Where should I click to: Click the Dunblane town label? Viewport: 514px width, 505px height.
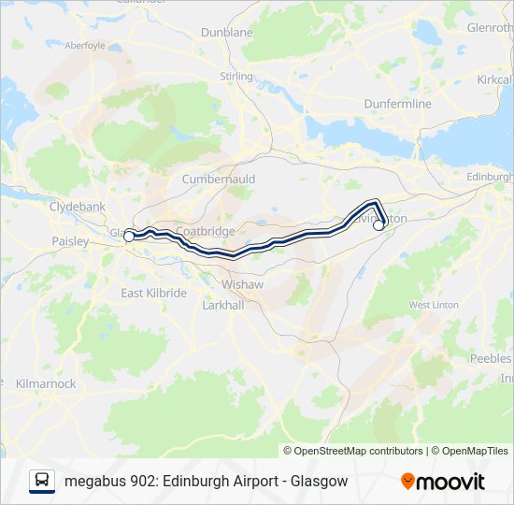227,32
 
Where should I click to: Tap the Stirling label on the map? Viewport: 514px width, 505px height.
236,76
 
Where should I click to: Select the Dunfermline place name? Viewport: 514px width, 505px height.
397,104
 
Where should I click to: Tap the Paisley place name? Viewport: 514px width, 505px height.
70,241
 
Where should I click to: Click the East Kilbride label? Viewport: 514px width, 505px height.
154,293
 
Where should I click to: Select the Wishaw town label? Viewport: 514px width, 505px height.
242,283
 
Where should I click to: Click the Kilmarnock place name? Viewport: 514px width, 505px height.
45,383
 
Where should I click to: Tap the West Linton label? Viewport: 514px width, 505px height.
433,305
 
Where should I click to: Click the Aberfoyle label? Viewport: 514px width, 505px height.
85,44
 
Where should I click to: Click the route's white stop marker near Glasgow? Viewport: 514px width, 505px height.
129,237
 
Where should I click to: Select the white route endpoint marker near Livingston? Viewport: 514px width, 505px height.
378,224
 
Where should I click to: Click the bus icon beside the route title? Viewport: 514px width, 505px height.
42,481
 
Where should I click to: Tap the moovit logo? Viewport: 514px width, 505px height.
443,481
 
